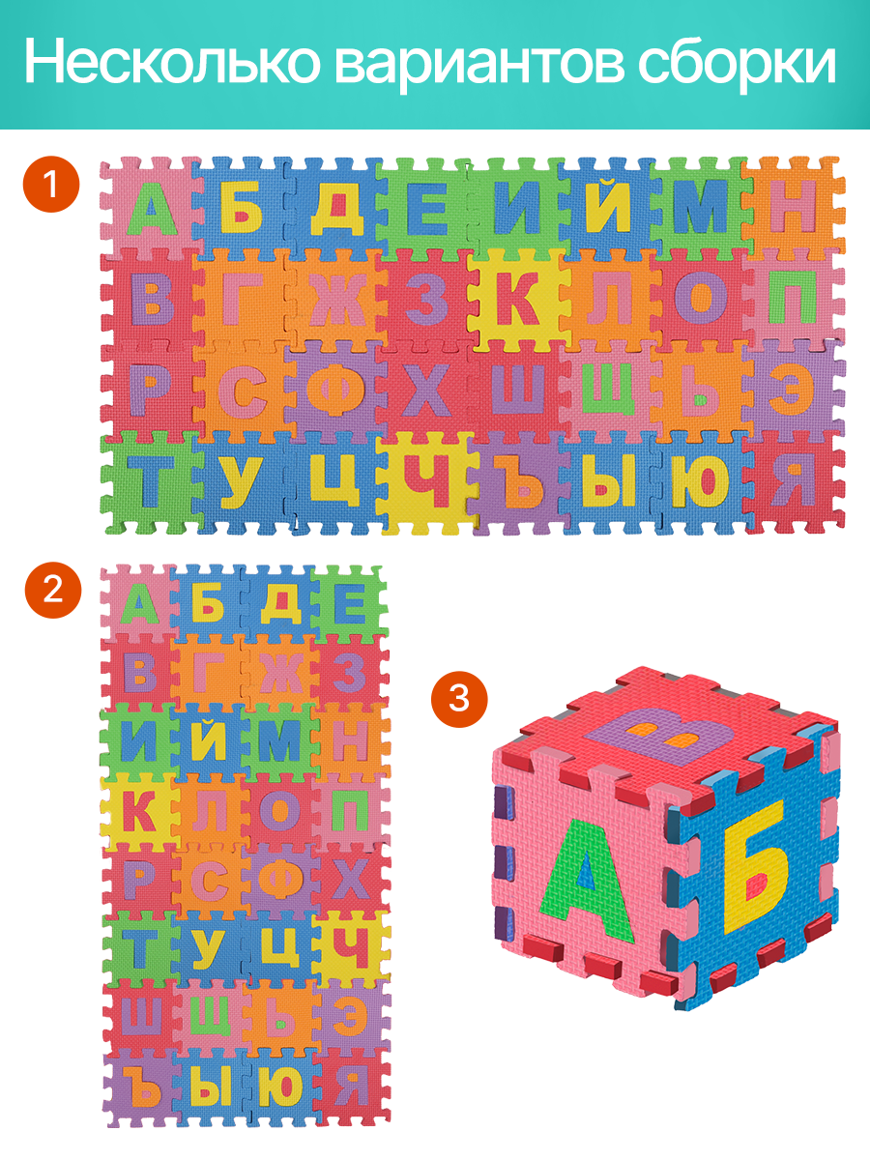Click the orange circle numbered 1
(51, 185)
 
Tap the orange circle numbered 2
(53, 590)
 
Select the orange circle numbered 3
(458, 699)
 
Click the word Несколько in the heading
(172, 63)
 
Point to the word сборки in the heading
(737, 65)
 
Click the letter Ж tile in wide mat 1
(336, 298)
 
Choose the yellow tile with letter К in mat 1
(520, 298)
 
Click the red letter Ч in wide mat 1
(426, 482)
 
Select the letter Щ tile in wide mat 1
(611, 391)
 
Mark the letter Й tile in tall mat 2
(209, 739)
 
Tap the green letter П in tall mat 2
(351, 808)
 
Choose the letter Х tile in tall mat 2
(351, 878)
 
